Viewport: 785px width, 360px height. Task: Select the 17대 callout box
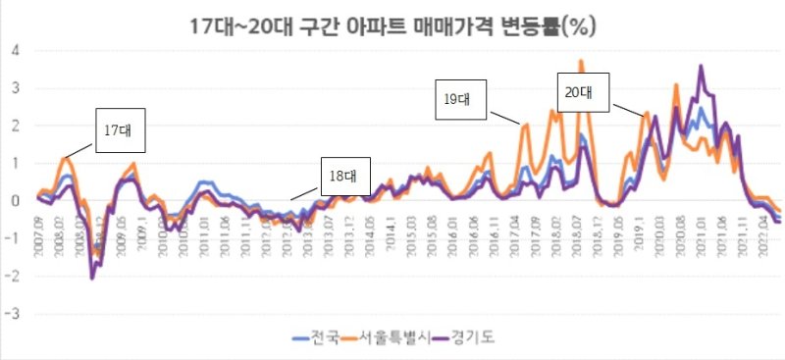pyautogui.click(x=120, y=130)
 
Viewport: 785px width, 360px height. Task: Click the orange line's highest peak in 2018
pyautogui.click(x=580, y=62)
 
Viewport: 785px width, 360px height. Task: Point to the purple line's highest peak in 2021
pyautogui.click(x=700, y=67)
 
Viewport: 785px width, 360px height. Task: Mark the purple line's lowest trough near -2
pyautogui.click(x=92, y=279)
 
